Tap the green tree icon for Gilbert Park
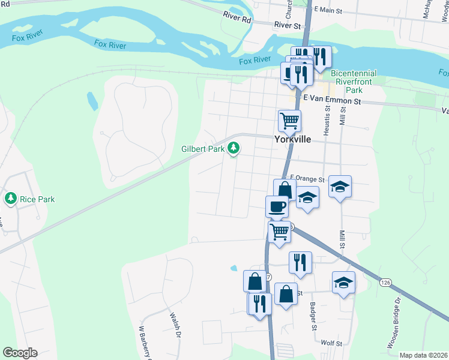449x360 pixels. coord(234,148)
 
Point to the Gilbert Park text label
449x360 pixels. coord(203,148)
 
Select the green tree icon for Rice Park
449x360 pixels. coord(10,197)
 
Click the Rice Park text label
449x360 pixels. coord(35,199)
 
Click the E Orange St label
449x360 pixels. coord(307,179)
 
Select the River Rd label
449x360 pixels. coord(237,19)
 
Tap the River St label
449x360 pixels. coord(287,25)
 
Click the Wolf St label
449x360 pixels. coord(331,343)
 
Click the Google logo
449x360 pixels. coord(20,352)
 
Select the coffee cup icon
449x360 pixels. coord(277,206)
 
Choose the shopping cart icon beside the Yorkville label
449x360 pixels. coord(289,121)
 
